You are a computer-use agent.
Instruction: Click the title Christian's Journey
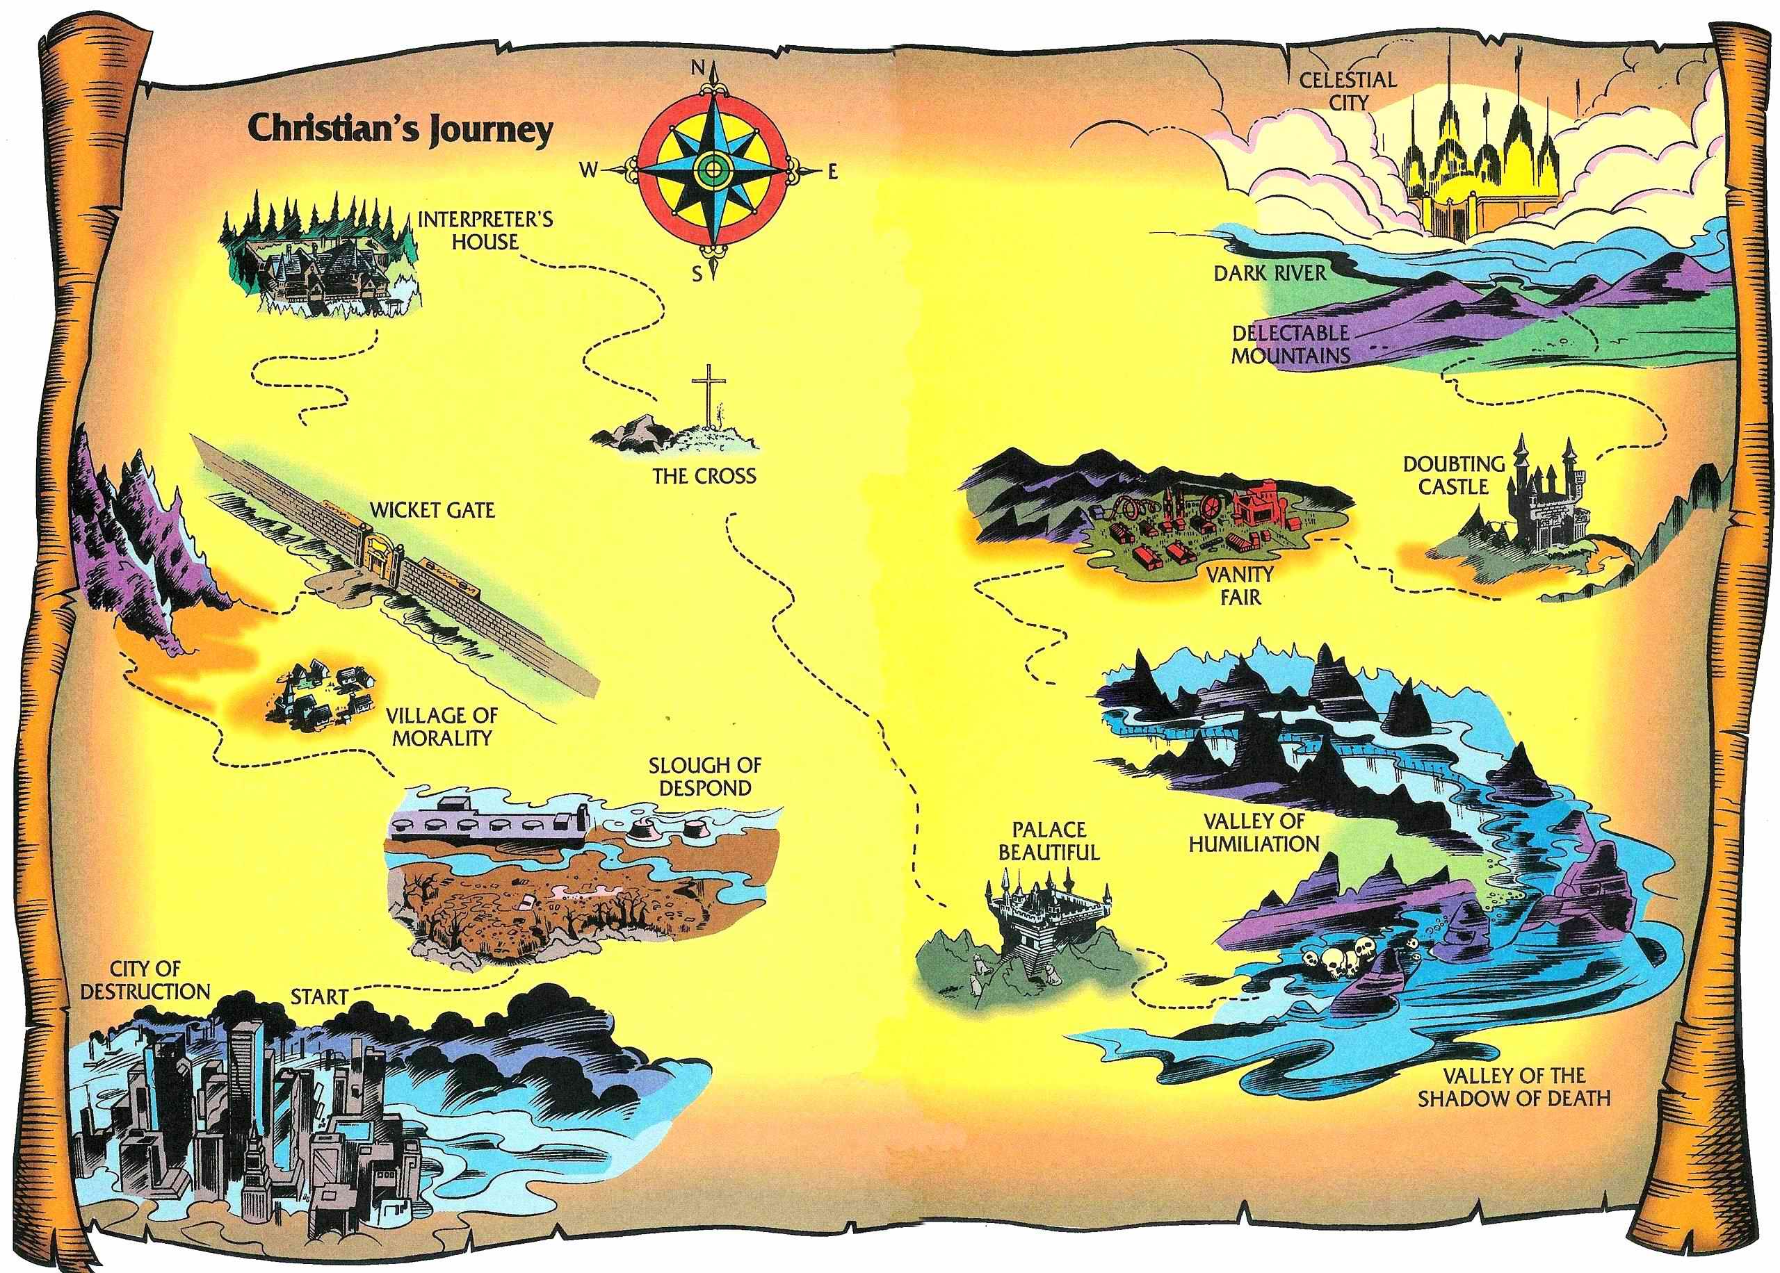coord(400,129)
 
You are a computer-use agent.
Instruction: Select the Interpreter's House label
coord(485,230)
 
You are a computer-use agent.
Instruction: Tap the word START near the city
coord(319,997)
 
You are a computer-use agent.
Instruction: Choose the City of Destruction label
coord(145,980)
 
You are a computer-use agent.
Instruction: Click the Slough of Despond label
coord(704,776)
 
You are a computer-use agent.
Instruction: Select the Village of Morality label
coord(442,727)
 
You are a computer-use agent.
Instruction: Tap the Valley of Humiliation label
coord(1253,832)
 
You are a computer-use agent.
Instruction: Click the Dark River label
coord(1270,273)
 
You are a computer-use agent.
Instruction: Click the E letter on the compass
coord(832,170)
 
